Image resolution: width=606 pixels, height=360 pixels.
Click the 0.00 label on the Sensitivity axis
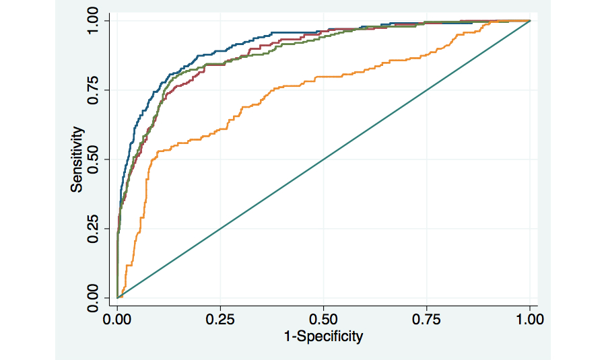[96, 297]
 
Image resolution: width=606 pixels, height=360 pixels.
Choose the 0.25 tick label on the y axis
[96, 228]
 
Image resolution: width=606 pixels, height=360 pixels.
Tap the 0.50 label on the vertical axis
[96, 159]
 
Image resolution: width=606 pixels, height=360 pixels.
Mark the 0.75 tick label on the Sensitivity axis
[96, 89]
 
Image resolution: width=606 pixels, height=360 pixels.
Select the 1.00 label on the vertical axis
[96, 20]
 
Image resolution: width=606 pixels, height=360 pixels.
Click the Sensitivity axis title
[78, 159]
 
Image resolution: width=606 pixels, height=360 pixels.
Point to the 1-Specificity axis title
[324, 336]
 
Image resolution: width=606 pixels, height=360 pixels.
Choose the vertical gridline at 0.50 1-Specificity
[324, 222]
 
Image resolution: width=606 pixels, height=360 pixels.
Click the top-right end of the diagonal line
[530, 21]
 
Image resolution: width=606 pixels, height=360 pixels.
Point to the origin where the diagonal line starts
[118, 297]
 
